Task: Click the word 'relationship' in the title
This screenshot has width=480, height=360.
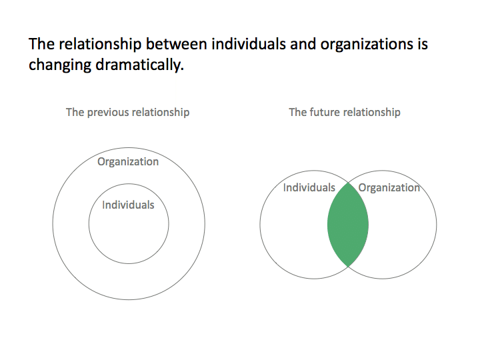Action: click(x=100, y=45)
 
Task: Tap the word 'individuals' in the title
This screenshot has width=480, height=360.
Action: click(x=249, y=44)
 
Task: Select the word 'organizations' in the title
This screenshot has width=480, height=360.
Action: click(x=366, y=45)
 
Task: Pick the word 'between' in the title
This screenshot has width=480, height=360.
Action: click(x=176, y=44)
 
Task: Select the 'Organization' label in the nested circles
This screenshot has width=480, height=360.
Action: click(x=128, y=162)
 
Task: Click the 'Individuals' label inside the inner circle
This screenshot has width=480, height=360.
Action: click(x=128, y=205)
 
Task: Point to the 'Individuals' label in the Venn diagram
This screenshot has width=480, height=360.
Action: click(x=309, y=187)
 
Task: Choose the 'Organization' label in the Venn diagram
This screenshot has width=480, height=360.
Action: click(x=389, y=188)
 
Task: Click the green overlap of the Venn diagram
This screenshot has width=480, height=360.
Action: click(x=348, y=225)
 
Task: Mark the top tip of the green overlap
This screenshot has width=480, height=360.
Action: click(x=348, y=183)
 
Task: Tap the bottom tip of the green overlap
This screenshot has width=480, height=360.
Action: click(x=348, y=267)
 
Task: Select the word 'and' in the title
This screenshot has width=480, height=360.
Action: click(x=303, y=44)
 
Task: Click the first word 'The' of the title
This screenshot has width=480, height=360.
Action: click(x=41, y=44)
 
